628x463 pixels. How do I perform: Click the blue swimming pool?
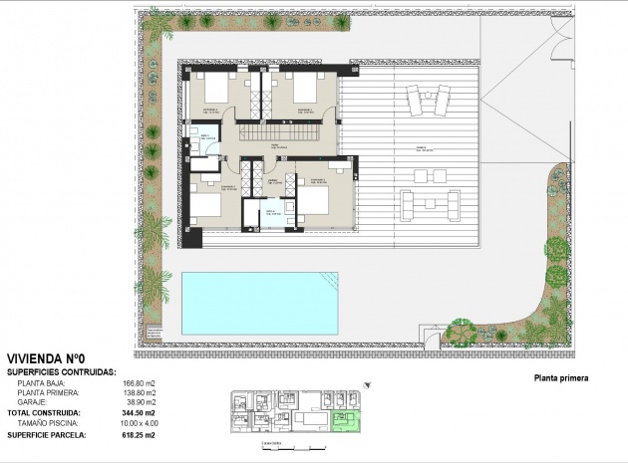(259, 303)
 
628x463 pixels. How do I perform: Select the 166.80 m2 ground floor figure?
(139, 383)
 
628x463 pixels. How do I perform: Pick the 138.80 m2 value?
(139, 393)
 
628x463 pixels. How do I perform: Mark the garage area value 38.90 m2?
(141, 402)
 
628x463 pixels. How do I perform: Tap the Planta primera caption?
(561, 378)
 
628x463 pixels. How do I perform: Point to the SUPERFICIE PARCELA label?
(47, 435)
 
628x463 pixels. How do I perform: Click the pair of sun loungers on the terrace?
(428, 101)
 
